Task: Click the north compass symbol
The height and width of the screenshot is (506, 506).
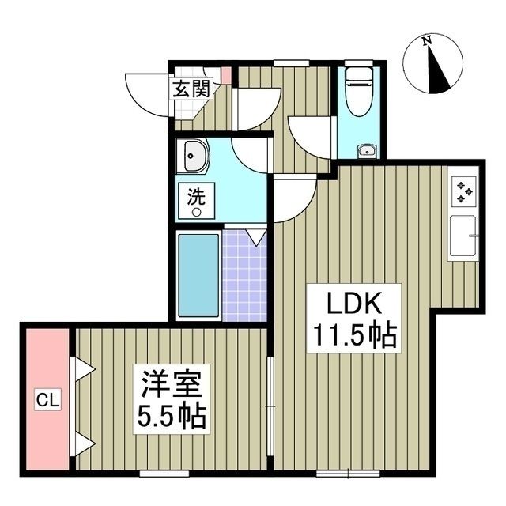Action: pyautogui.click(x=432, y=64)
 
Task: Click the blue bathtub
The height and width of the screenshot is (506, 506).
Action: pyautogui.click(x=197, y=274)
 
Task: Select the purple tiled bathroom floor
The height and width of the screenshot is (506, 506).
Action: pyautogui.click(x=246, y=274)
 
